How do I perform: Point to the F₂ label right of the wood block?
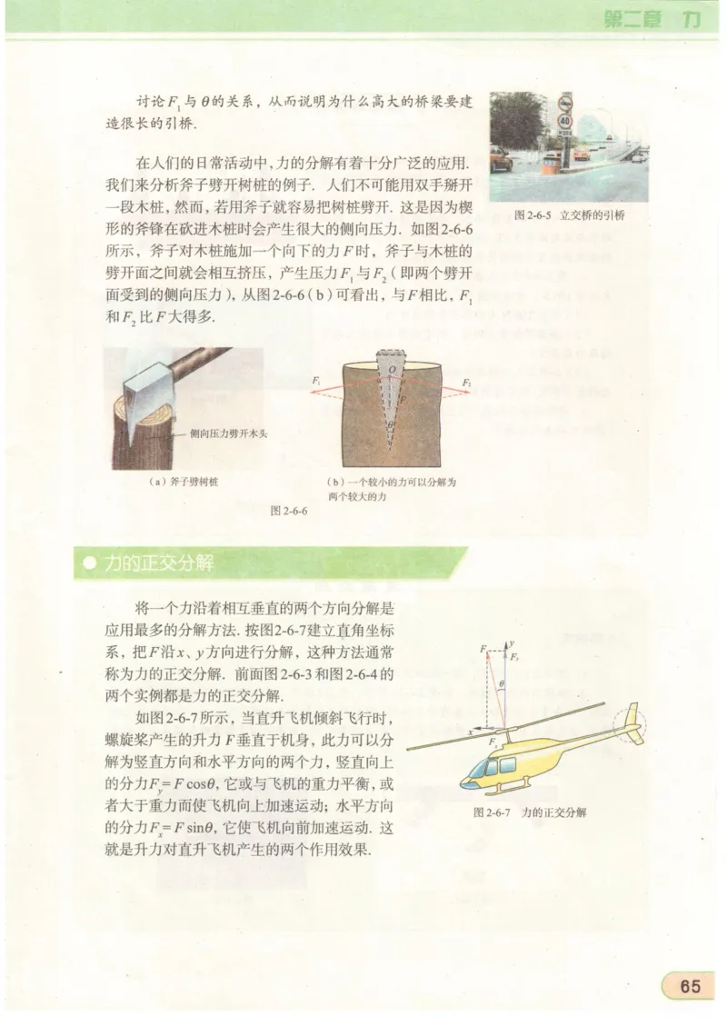[466, 382]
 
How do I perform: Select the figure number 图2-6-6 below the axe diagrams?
[290, 512]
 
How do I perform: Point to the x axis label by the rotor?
[472, 730]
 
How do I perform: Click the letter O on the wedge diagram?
[392, 370]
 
